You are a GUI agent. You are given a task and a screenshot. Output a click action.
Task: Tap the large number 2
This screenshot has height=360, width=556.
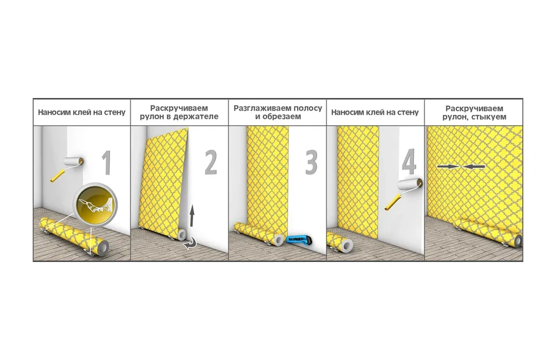pyautogui.click(x=211, y=162)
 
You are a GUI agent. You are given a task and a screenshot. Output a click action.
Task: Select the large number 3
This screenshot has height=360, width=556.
pyautogui.click(x=311, y=162)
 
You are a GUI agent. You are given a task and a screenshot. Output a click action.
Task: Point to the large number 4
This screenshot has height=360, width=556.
pyautogui.click(x=409, y=162)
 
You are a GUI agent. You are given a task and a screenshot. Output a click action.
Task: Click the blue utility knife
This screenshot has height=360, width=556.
pyautogui.click(x=299, y=240)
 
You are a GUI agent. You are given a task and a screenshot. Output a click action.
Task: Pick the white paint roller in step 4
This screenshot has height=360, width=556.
pyautogui.click(x=404, y=194)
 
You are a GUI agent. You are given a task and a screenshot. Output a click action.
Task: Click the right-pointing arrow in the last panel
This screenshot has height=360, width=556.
pyautogui.click(x=449, y=166)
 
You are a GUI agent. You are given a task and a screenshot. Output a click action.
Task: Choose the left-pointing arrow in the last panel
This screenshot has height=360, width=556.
pyautogui.click(x=473, y=166)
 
